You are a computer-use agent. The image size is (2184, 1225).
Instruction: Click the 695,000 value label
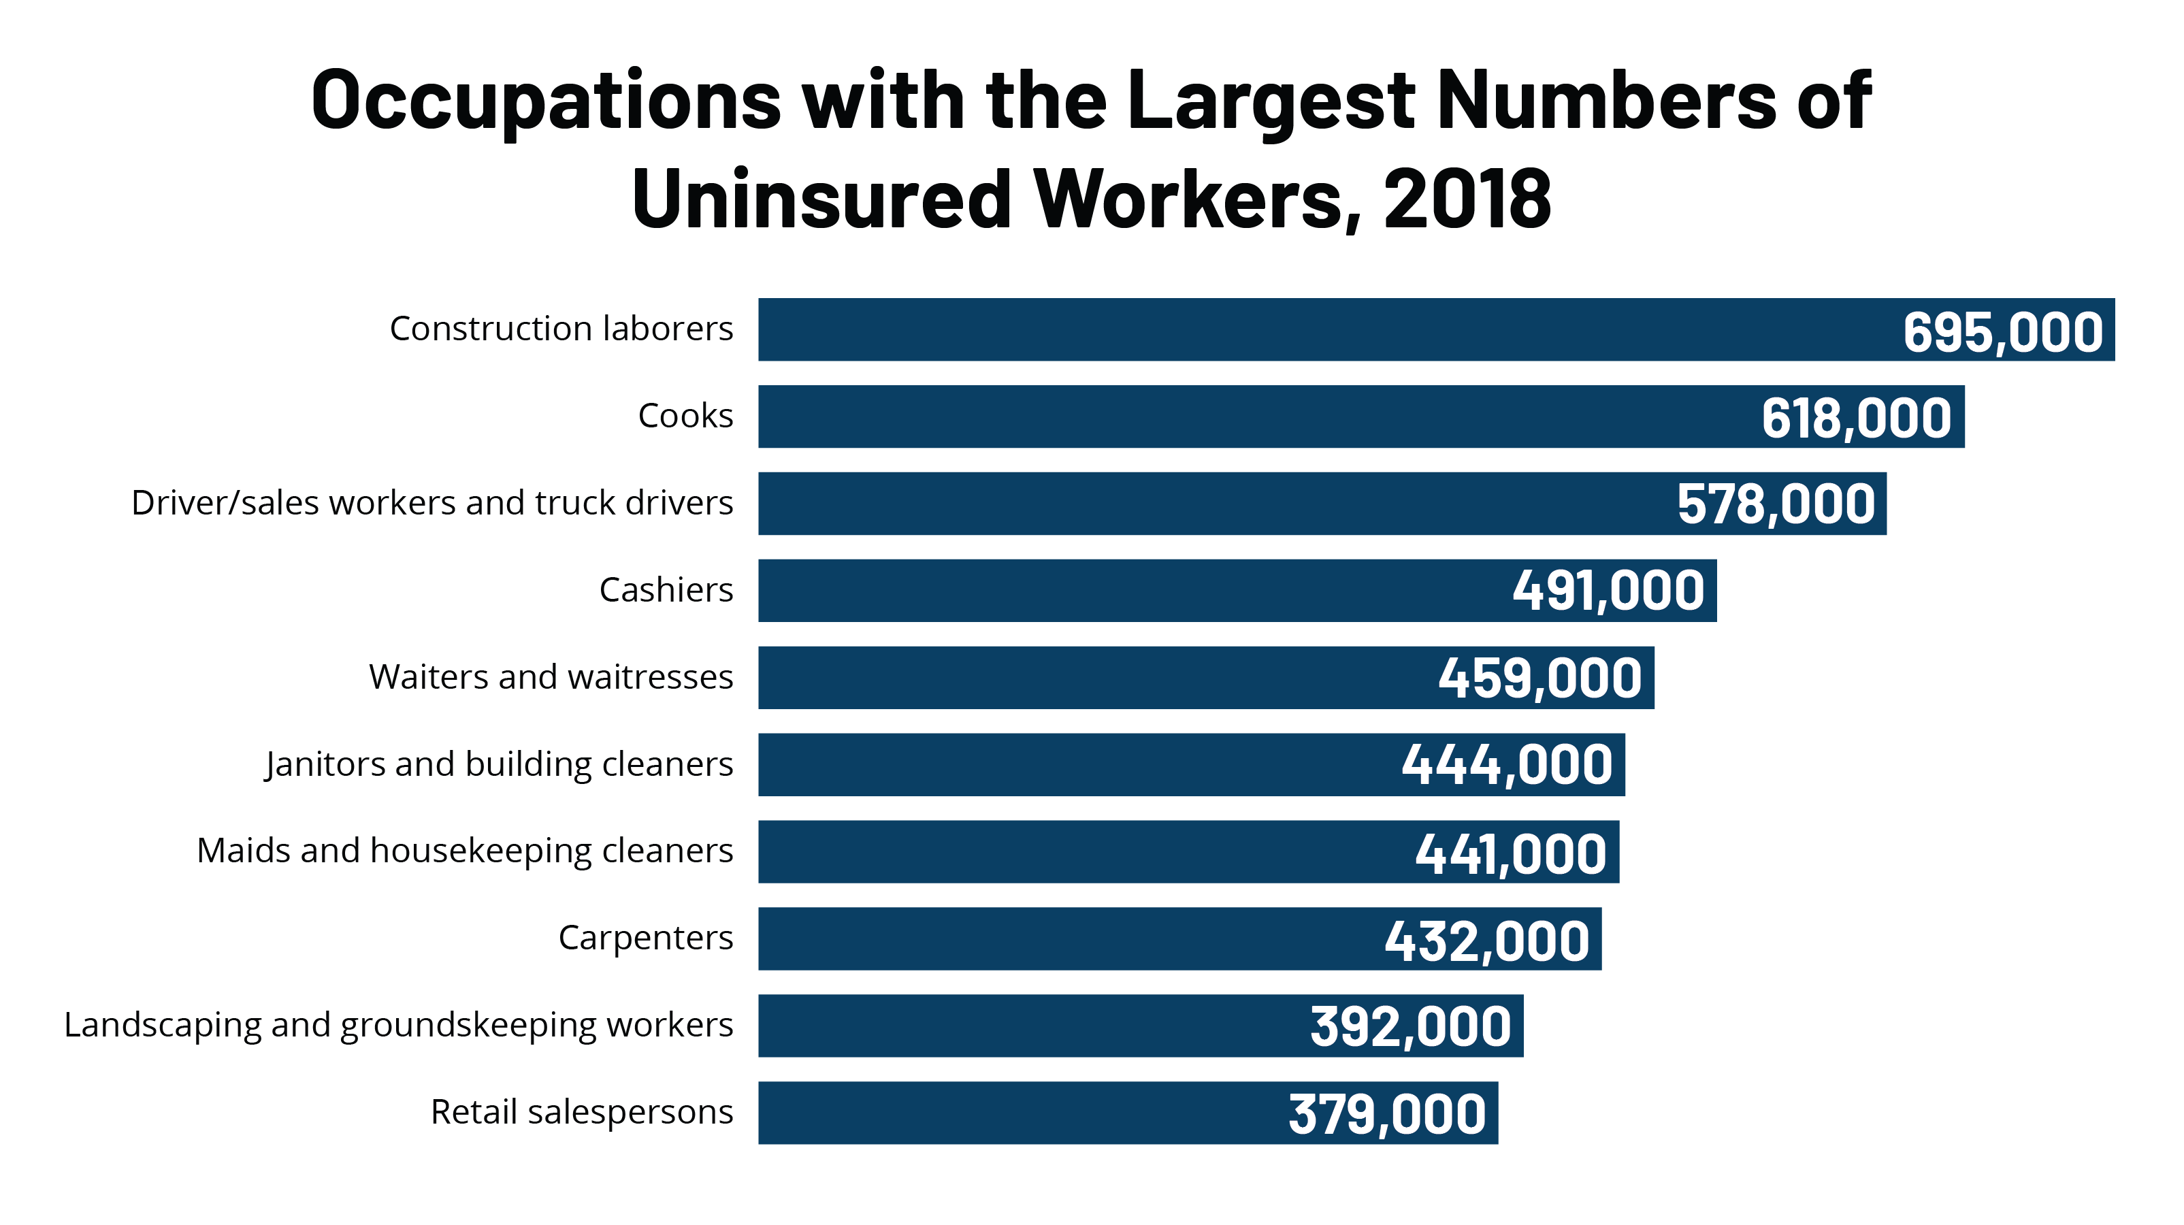2002,331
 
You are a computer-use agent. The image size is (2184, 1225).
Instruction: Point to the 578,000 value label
1776,504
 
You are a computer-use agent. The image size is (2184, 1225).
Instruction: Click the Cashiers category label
666,590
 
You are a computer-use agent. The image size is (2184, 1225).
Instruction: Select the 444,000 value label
1507,765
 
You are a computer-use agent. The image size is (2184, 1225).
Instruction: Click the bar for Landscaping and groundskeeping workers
1017,1026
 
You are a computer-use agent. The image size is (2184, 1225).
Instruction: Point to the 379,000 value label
1387,1114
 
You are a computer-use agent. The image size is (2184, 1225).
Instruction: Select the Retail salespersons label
582,1112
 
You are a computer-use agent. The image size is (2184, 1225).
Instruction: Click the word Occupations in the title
546,101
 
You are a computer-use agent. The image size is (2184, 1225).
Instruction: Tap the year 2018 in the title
1467,199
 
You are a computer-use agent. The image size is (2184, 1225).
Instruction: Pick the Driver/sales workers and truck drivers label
431,504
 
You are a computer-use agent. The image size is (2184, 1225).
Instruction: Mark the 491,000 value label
1608,591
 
